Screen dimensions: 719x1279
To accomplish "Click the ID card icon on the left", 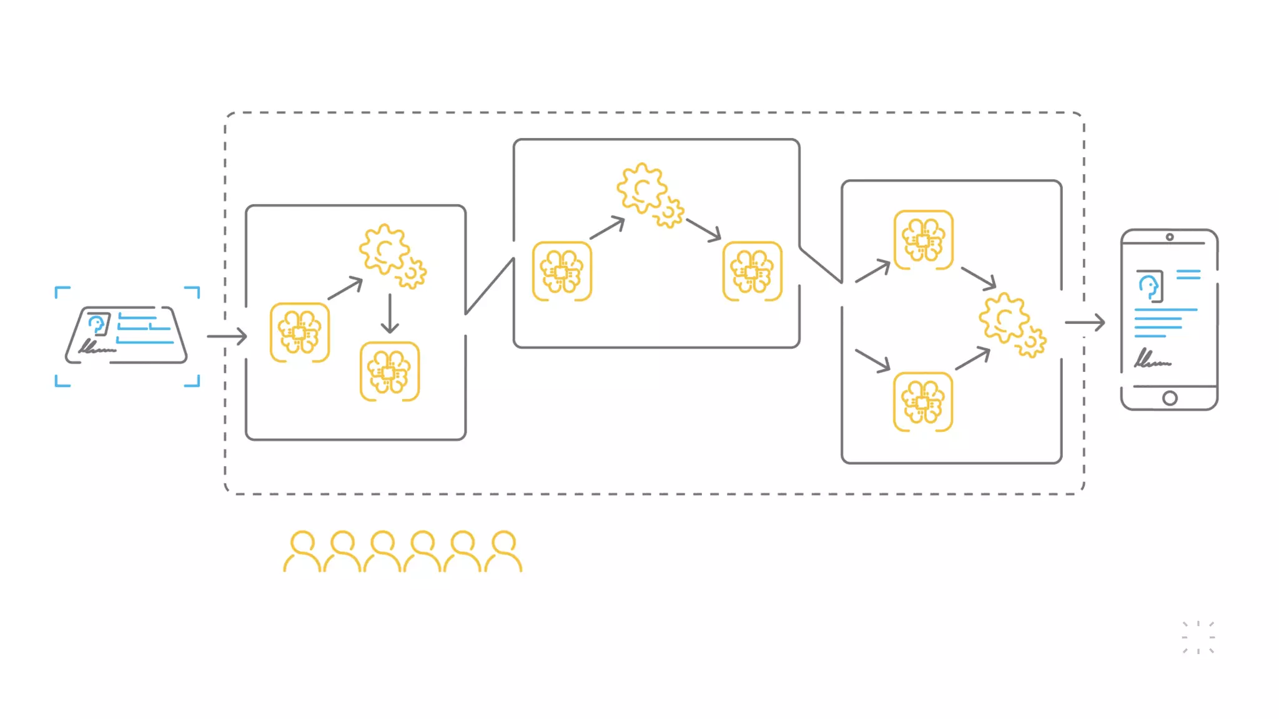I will (x=127, y=336).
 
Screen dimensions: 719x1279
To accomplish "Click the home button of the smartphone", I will (x=1170, y=398).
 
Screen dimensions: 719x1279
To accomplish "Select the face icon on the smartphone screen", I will (x=1148, y=286).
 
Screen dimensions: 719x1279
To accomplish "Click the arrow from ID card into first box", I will (x=227, y=336).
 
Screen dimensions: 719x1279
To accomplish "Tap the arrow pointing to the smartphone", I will (x=1085, y=323).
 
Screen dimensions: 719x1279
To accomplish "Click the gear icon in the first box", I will (x=391, y=255).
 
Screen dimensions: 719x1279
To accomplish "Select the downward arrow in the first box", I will (x=390, y=314).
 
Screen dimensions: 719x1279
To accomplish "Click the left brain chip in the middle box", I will (x=562, y=271).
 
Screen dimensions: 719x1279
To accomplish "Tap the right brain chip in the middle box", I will (x=752, y=271).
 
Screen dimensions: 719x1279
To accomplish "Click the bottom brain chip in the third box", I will (x=923, y=402).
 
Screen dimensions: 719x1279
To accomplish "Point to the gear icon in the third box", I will (x=1010, y=324).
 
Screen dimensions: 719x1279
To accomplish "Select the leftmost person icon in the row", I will (x=302, y=552).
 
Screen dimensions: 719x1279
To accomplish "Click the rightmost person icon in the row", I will (x=503, y=552).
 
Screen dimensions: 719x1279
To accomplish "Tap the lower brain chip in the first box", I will (x=390, y=371).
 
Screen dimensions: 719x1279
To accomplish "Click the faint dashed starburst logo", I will (x=1198, y=637).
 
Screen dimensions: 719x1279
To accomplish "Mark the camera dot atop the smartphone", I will (x=1170, y=237).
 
